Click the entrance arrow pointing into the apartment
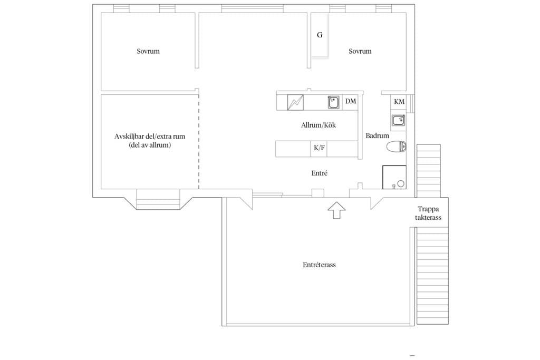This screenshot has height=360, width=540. [x=336, y=210]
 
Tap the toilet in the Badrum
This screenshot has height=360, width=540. [x=397, y=147]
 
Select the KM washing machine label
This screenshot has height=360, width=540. [x=399, y=102]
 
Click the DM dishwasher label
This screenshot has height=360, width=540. [x=351, y=101]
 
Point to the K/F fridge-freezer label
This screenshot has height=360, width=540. [x=319, y=148]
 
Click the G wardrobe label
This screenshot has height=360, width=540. [x=320, y=35]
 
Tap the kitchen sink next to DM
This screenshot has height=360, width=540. [x=333, y=103]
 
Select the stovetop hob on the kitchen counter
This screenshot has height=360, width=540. [x=295, y=102]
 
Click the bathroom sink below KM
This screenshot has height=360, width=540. [x=398, y=121]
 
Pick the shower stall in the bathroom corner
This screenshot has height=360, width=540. [x=394, y=177]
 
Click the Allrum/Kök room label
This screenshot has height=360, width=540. [x=318, y=125]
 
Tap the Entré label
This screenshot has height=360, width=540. [x=319, y=173]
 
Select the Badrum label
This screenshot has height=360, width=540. [x=377, y=135]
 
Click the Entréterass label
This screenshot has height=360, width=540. [x=319, y=265]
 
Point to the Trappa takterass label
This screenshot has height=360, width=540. [x=428, y=213]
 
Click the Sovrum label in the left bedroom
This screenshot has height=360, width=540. [x=148, y=51]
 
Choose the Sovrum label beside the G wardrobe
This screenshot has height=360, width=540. [x=360, y=51]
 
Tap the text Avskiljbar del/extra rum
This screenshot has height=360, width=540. [x=150, y=137]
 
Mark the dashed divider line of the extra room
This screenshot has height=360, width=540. [x=199, y=141]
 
